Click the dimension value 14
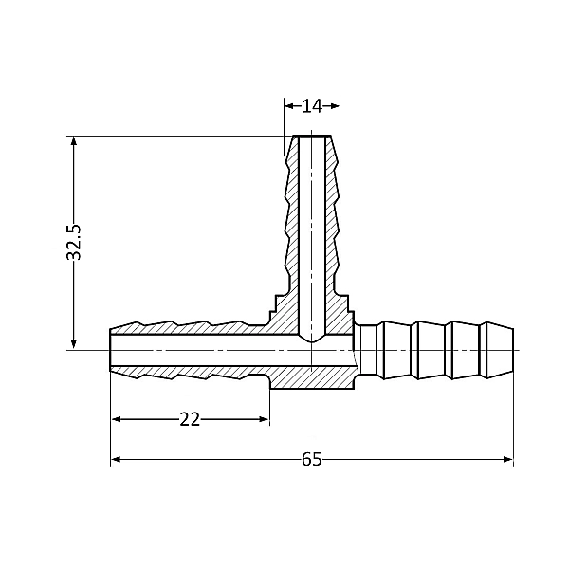point(312,105)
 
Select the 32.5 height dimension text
point(75,242)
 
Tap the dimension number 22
point(190,419)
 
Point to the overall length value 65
point(312,460)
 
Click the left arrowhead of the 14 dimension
point(289,105)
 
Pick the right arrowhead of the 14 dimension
point(336,105)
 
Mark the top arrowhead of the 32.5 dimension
point(73,141)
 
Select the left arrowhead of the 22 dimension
point(117,419)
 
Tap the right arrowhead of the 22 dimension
point(265,419)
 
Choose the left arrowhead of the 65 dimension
point(117,460)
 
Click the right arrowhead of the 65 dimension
point(508,460)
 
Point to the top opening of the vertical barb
point(312,138)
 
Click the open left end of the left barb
point(112,351)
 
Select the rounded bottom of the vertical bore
point(312,336)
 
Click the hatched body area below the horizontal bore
point(312,379)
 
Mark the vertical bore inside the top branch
point(312,237)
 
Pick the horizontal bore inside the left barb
point(190,351)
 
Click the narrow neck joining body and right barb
point(358,351)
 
